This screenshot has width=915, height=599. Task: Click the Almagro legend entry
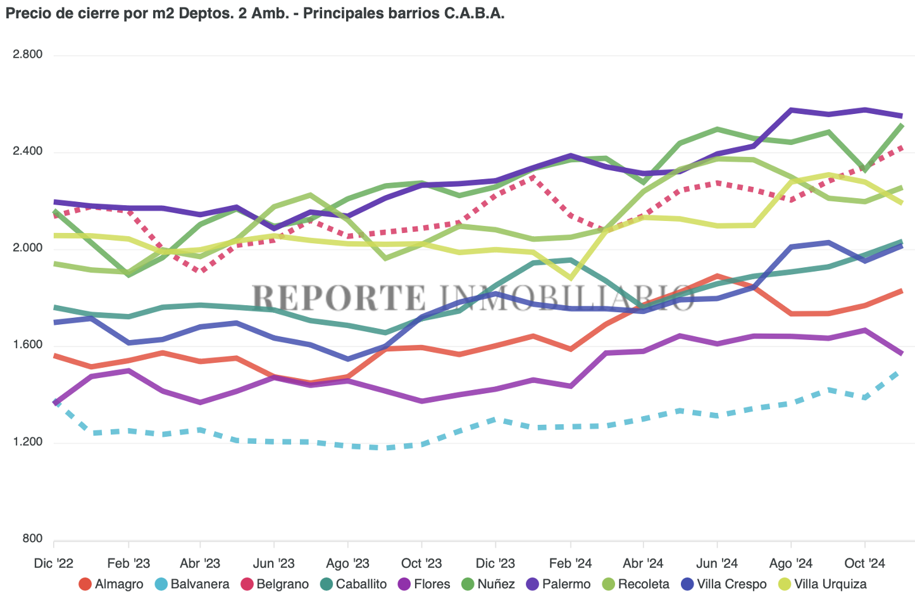[111, 584]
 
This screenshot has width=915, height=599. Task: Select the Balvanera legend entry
[192, 584]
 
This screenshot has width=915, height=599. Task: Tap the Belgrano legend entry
[275, 584]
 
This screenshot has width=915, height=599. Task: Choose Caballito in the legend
[354, 584]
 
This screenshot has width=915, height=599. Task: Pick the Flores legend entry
[424, 584]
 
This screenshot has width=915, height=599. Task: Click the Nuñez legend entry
[489, 584]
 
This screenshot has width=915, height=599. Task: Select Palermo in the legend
[559, 584]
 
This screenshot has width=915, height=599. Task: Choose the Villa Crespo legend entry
[724, 584]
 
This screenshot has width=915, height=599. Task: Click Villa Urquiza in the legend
[822, 584]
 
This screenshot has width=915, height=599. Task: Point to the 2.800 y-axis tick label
[28, 54]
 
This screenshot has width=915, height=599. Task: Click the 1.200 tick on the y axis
[28, 442]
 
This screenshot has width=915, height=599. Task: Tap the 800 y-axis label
[33, 539]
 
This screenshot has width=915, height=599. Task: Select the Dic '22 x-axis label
[54, 564]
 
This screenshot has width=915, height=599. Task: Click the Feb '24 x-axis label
[570, 564]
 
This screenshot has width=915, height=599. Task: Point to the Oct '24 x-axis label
[864, 564]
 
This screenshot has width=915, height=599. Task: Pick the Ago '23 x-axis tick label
[347, 564]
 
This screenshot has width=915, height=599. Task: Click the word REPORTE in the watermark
[339, 298]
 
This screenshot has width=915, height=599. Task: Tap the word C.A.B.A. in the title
[474, 13]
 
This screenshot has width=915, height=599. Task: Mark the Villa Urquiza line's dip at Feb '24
[571, 277]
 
